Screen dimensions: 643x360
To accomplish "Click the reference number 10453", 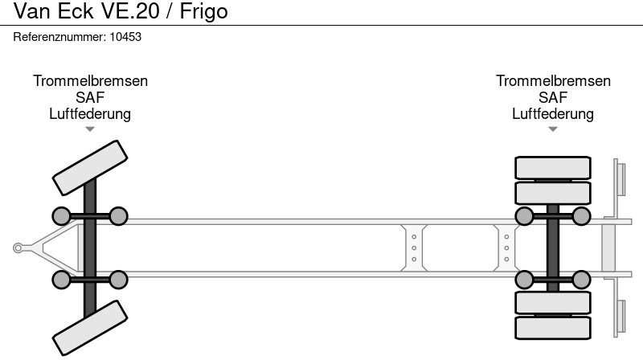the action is pyautogui.click(x=125, y=37).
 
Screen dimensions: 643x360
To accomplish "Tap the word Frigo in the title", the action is pyautogui.click(x=203, y=11).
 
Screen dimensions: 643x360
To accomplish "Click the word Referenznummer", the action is pyautogui.click(x=59, y=37).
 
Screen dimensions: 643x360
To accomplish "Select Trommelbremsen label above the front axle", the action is pyautogui.click(x=90, y=81).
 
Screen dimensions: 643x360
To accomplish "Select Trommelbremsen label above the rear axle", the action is pyautogui.click(x=553, y=81).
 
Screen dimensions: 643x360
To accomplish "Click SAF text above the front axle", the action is pyautogui.click(x=90, y=97).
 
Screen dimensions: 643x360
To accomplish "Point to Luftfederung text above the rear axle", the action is pyautogui.click(x=553, y=114).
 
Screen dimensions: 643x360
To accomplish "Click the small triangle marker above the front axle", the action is pyautogui.click(x=90, y=129).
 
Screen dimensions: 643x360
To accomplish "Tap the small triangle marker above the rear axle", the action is pyautogui.click(x=553, y=129).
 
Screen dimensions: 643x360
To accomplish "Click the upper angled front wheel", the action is pyautogui.click(x=90, y=168).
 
